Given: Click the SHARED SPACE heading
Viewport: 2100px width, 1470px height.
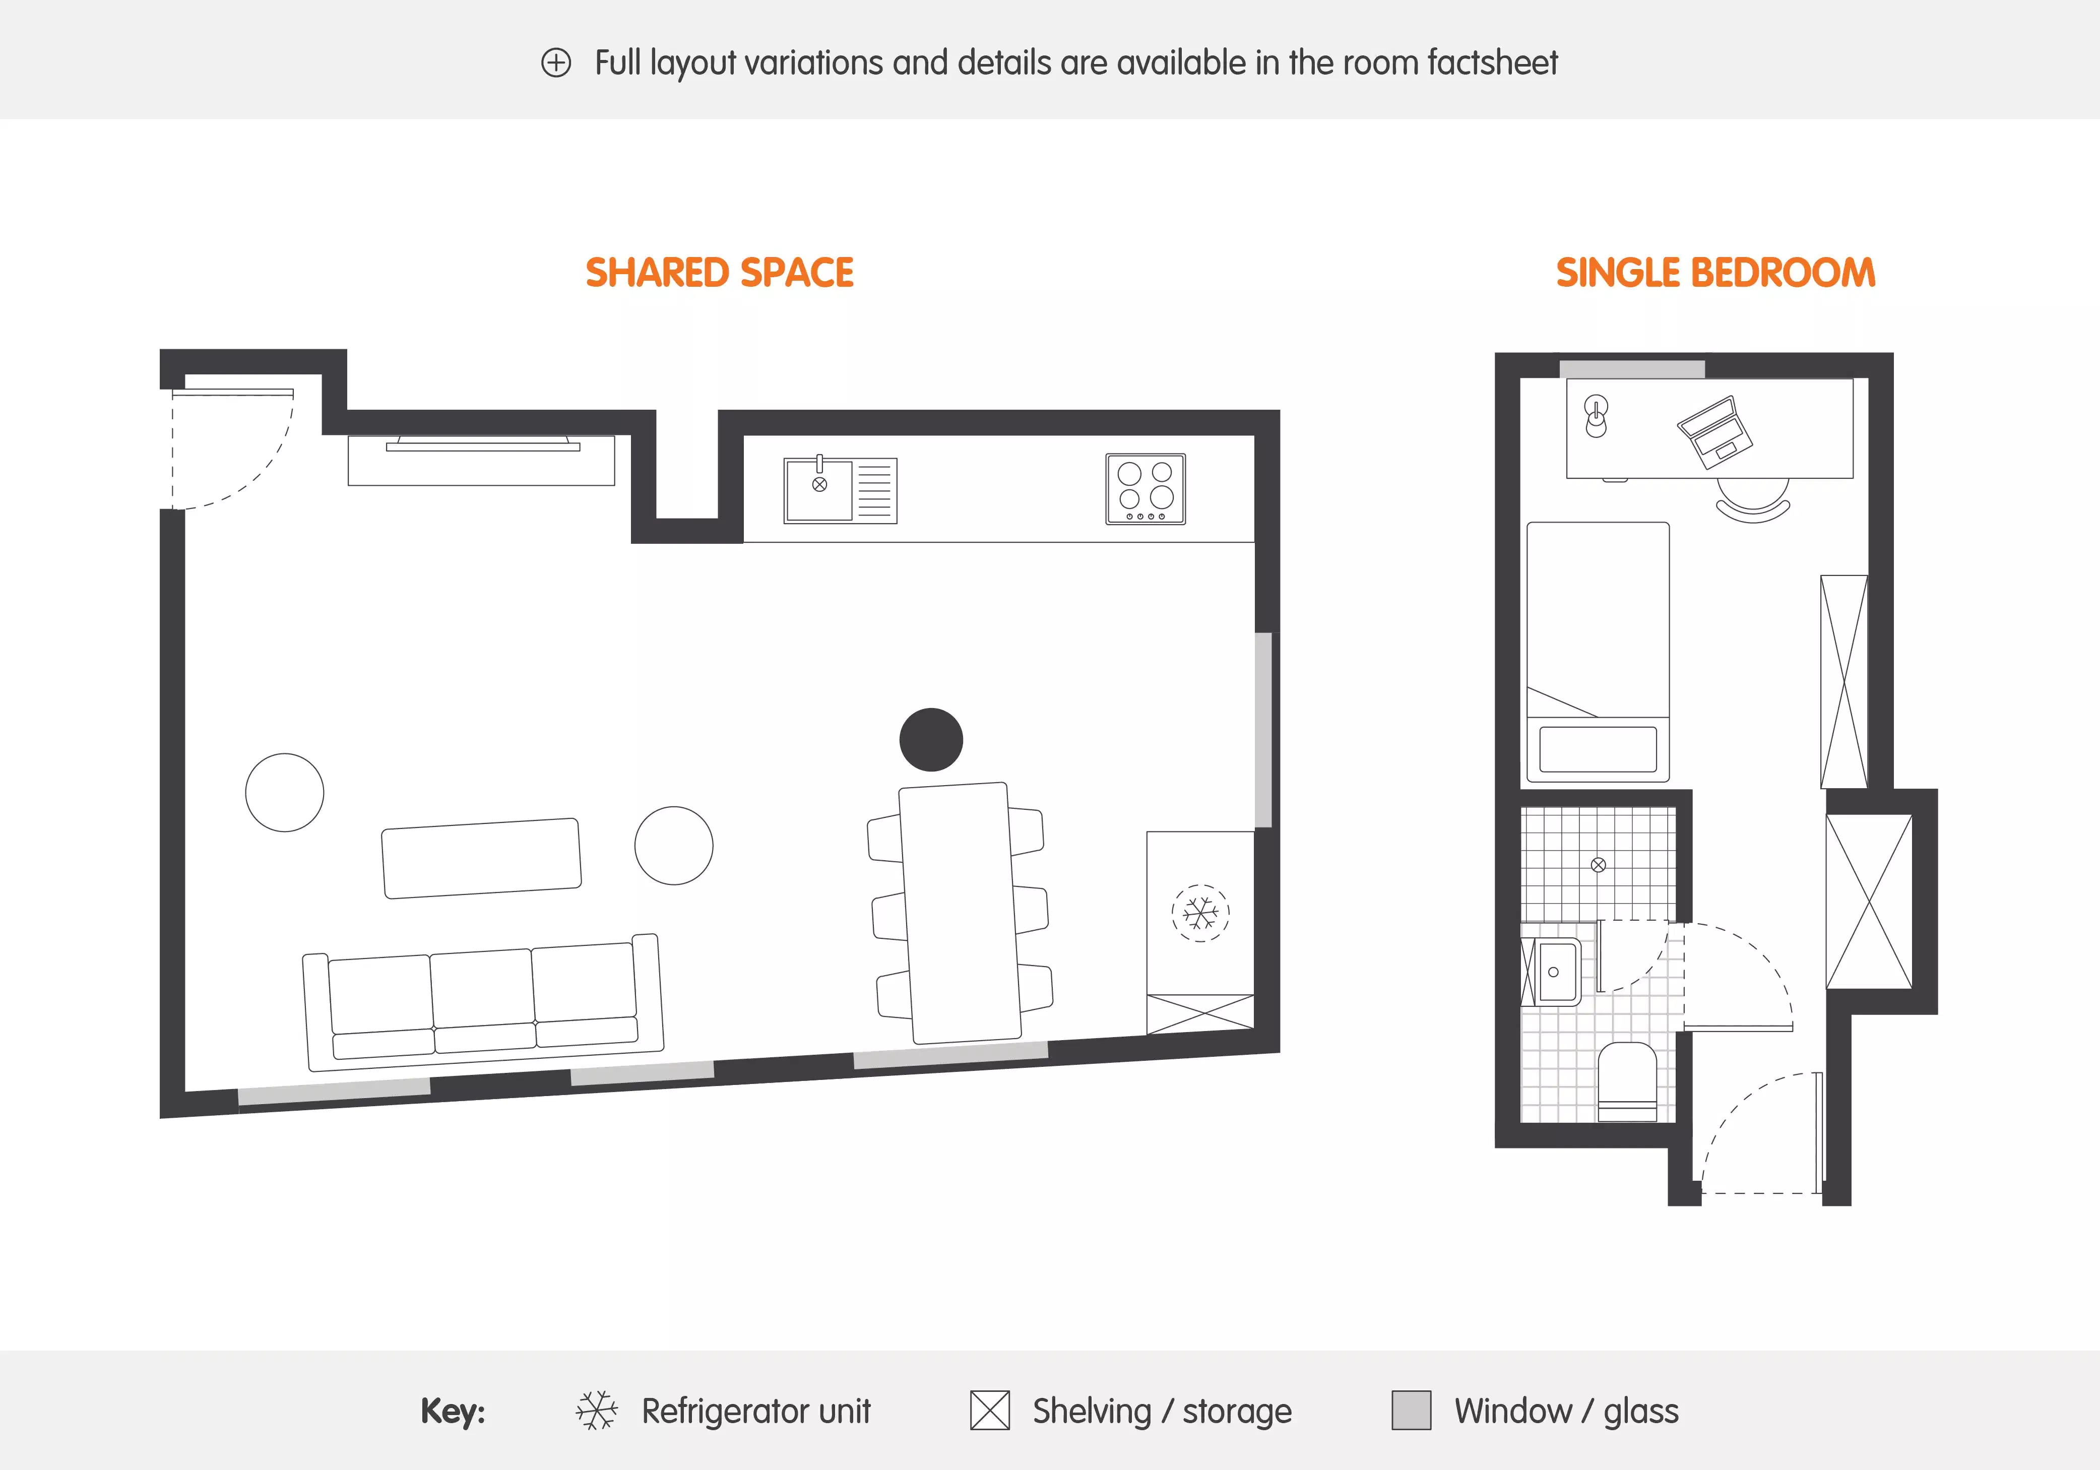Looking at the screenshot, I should (719, 273).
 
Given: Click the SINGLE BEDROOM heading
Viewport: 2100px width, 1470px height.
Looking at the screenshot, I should (1715, 273).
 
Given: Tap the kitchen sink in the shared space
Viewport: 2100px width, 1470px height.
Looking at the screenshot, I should (819, 489).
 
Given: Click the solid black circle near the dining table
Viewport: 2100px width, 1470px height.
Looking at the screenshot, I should (931, 739).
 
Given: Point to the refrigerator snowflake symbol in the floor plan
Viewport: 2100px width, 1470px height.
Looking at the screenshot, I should (1200, 912).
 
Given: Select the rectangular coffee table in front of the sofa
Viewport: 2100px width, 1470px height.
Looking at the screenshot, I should (481, 858).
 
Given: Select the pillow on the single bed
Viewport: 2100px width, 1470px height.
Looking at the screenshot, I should (1598, 749).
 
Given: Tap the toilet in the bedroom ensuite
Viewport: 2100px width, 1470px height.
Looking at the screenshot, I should (1627, 1079).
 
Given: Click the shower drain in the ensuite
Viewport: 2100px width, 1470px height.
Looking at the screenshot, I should (1598, 864).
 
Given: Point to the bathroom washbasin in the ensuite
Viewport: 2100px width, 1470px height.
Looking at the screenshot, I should (1555, 972).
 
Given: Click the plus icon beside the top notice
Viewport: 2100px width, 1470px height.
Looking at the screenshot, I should (556, 63).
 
